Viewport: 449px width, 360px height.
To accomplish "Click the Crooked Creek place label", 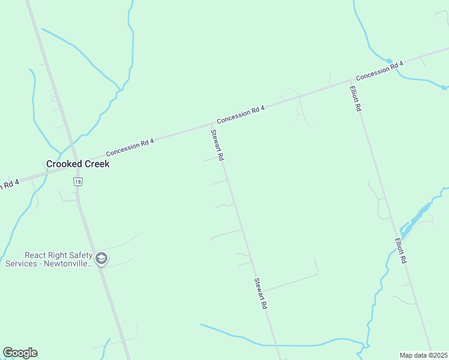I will click(78, 163).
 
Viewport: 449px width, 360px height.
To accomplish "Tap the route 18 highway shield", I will click(77, 181).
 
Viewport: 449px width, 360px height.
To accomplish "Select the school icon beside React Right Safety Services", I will click(101, 259).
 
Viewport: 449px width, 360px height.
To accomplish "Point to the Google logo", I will click(20, 353).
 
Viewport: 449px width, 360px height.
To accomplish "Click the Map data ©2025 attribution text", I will click(424, 355).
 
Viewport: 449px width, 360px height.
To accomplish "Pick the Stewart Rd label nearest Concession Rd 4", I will click(217, 145).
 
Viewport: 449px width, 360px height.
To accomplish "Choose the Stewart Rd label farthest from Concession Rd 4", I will click(260, 293).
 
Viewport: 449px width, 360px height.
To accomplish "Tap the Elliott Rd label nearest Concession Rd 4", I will click(355, 99).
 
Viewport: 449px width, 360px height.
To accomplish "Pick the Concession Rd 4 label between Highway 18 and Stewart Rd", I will click(130, 148).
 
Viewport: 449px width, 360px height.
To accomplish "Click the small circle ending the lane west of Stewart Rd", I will click(211, 239).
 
